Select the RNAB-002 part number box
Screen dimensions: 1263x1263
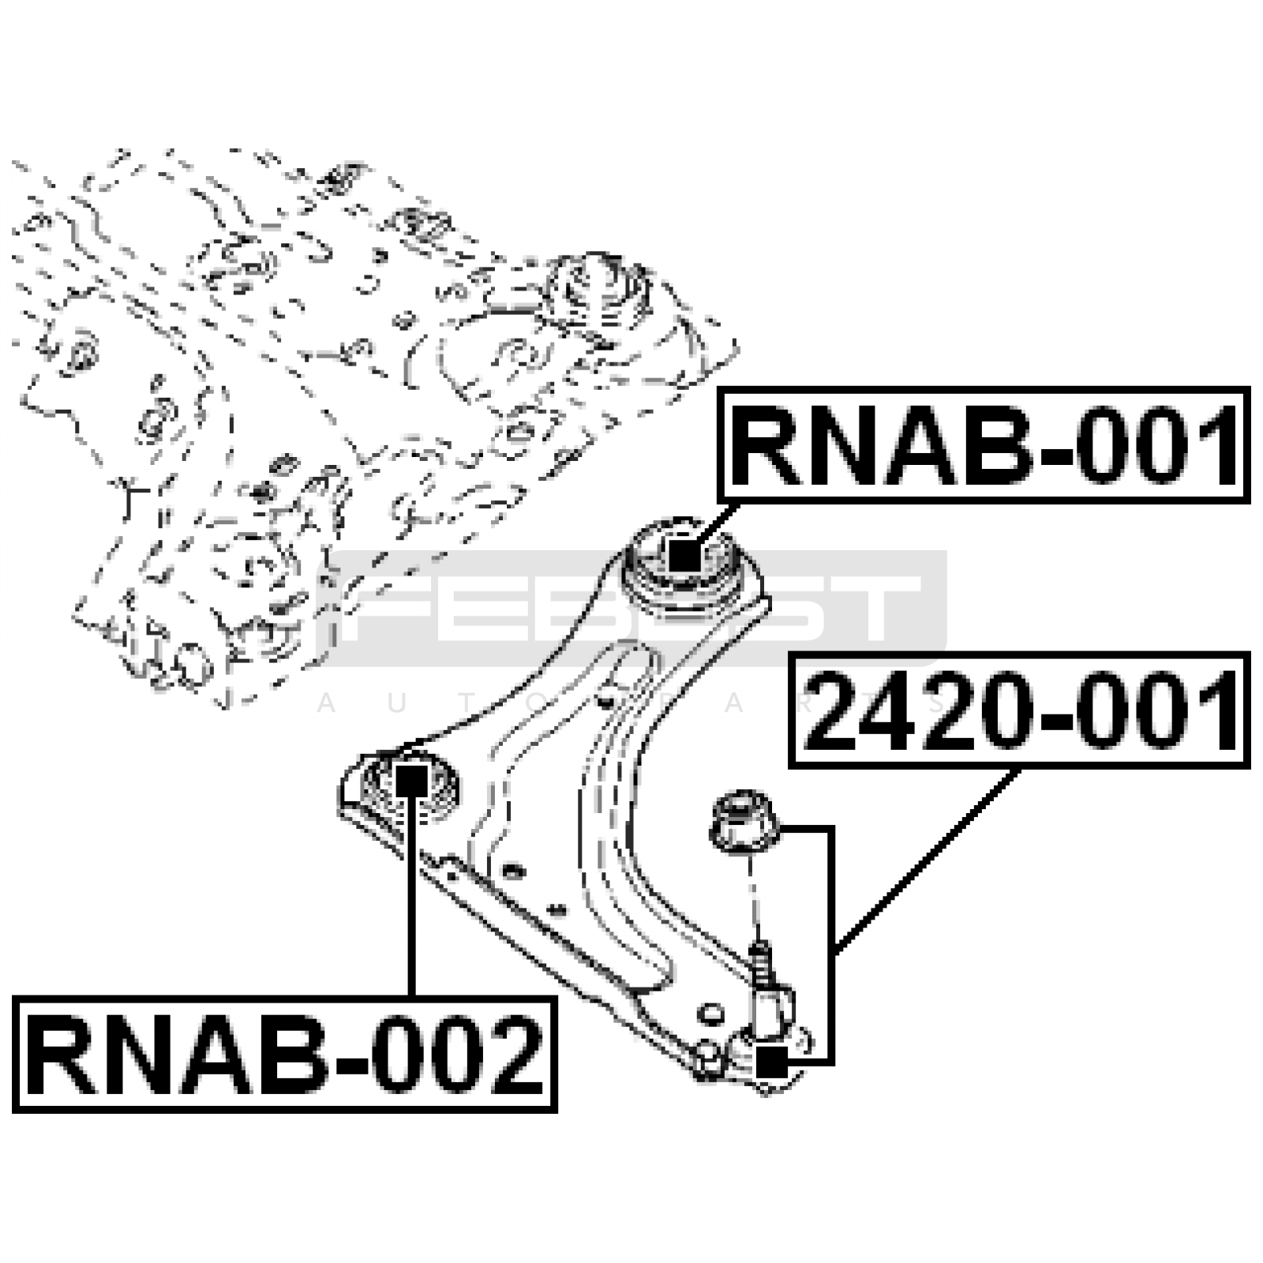[x=285, y=1054]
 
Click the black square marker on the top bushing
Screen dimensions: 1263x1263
[x=684, y=554]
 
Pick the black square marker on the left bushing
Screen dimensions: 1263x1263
[x=411, y=781]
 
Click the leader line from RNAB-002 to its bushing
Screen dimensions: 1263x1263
[x=411, y=900]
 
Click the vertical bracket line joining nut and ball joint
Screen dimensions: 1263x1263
[x=830, y=947]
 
